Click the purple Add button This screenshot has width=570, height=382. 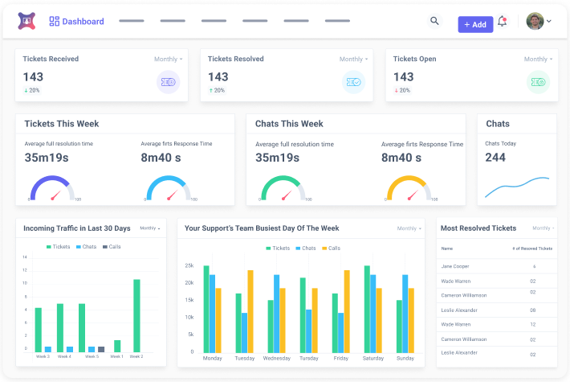coord(475,24)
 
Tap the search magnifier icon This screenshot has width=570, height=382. coord(434,22)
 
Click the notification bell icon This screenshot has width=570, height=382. coord(503,22)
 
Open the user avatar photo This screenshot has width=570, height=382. coord(535,22)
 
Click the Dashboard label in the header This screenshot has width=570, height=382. coord(83,22)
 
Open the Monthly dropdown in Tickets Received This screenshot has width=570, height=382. coord(168,60)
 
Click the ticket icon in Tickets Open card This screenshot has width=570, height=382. coord(538,81)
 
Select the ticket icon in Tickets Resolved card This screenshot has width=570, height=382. coord(353,81)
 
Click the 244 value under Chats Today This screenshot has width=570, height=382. coord(495,158)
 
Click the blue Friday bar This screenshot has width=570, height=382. coord(340,331)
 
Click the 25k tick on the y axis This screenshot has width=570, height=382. coord(189,265)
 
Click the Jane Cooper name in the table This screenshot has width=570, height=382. coord(455,266)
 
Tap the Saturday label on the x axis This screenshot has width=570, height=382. coord(373,358)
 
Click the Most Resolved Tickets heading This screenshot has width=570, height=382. coord(478,228)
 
